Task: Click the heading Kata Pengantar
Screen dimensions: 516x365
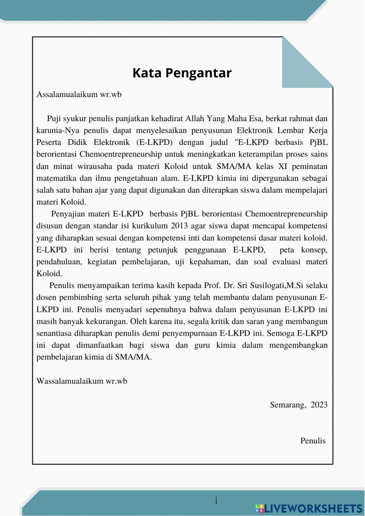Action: (182, 73)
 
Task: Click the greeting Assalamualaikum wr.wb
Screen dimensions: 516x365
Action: (79, 95)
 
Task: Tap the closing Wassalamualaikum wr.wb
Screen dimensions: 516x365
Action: (82, 381)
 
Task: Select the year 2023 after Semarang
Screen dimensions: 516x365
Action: (319, 405)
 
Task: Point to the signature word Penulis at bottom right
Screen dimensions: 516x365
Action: (313, 441)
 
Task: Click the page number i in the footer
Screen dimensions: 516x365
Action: (216, 500)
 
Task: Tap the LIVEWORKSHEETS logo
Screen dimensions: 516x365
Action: (308, 508)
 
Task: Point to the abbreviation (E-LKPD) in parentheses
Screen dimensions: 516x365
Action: (154, 142)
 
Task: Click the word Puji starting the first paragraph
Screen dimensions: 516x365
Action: (54, 119)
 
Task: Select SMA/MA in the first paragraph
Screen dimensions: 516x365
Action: (234, 166)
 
